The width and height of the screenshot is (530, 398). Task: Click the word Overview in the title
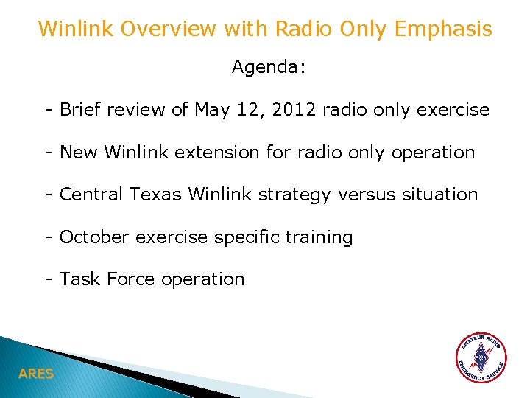[x=163, y=29]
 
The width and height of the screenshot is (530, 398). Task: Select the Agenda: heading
[x=269, y=68]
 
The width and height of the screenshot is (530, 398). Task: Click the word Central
[x=92, y=195]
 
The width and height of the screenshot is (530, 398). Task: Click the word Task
[x=80, y=279]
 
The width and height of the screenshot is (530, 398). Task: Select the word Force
[x=131, y=279]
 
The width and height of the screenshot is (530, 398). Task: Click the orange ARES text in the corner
[x=36, y=374]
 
